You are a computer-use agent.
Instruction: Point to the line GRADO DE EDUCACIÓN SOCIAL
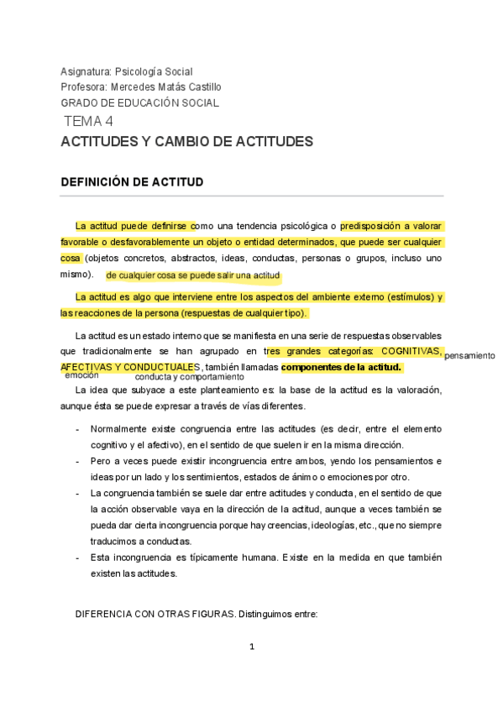click(x=139, y=103)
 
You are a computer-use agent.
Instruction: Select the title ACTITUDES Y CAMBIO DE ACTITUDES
click(x=186, y=142)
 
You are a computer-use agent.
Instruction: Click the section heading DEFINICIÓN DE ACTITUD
click(x=132, y=182)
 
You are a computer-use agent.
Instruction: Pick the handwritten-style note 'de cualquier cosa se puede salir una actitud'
click(x=193, y=275)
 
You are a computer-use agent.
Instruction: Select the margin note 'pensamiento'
click(x=469, y=356)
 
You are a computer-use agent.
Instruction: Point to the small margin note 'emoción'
click(x=81, y=375)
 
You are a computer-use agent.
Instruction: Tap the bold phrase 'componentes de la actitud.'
click(x=342, y=368)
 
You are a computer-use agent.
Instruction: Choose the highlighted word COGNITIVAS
click(x=411, y=352)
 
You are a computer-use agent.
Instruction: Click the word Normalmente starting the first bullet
click(x=119, y=430)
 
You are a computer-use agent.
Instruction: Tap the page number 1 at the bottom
click(x=251, y=647)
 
